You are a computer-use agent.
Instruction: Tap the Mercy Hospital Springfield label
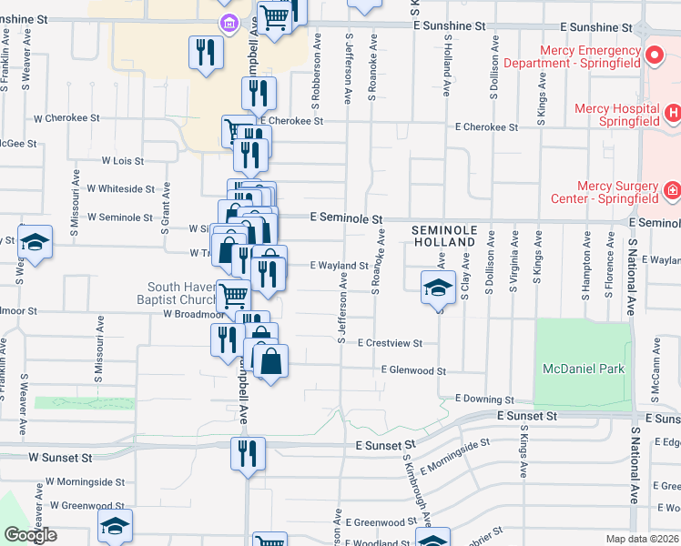pyautogui.click(x=616, y=114)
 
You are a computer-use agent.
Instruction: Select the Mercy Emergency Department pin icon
pyautogui.click(x=654, y=56)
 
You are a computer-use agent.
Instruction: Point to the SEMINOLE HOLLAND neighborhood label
pyautogui.click(x=443, y=236)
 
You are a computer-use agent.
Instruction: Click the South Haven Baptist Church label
pyautogui.click(x=183, y=294)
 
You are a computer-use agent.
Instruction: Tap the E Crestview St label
pyautogui.click(x=390, y=343)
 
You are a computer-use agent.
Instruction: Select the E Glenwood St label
pyautogui.click(x=413, y=370)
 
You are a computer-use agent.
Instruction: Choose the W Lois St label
pyautogui.click(x=123, y=160)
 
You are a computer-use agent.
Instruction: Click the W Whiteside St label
pyautogui.click(x=120, y=188)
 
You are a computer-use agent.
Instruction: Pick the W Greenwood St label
pyautogui.click(x=86, y=505)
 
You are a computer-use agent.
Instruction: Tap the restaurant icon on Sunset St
pyautogui.click(x=248, y=454)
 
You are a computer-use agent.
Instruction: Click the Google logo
pyautogui.click(x=30, y=535)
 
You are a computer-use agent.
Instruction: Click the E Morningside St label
pyautogui.click(x=455, y=451)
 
